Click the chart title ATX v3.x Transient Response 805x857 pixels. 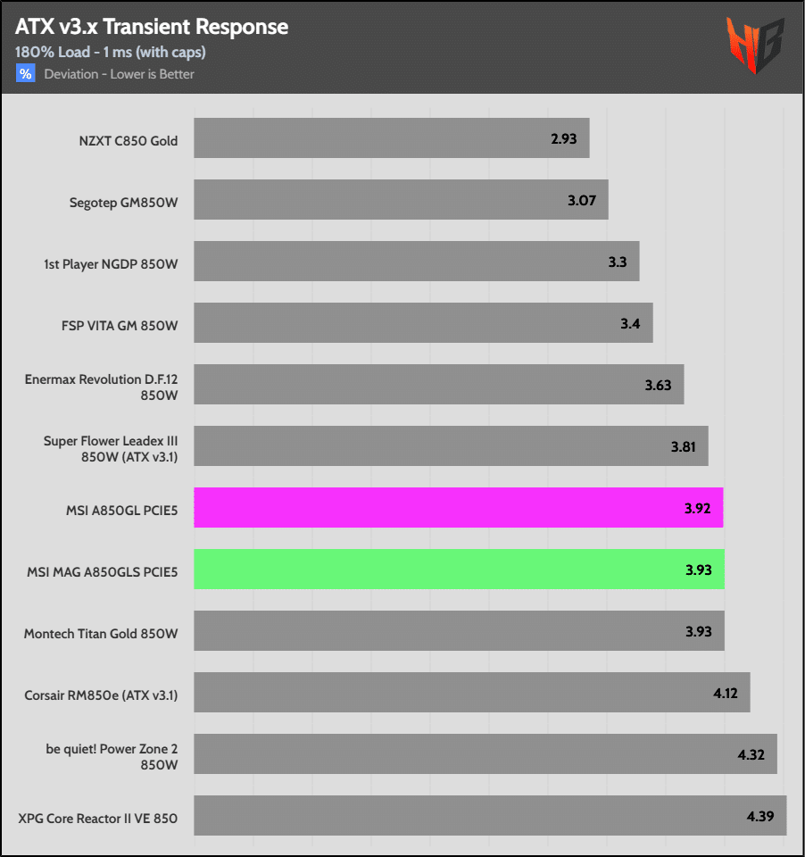pyautogui.click(x=152, y=27)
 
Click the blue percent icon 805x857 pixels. pyautogui.click(x=25, y=73)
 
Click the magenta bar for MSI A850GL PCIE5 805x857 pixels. pyautogui.click(x=458, y=508)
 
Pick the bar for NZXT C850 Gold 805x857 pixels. pyautogui.click(x=391, y=138)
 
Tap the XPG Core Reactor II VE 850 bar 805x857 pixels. pyautogui.click(x=489, y=816)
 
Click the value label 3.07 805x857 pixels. pyautogui.click(x=582, y=200)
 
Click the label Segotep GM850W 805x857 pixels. pyautogui.click(x=123, y=203)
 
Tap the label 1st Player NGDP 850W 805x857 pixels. pyautogui.click(x=111, y=264)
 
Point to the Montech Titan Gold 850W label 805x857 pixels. pyautogui.click(x=100, y=634)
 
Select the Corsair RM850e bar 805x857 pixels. pyautogui.click(x=471, y=693)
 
